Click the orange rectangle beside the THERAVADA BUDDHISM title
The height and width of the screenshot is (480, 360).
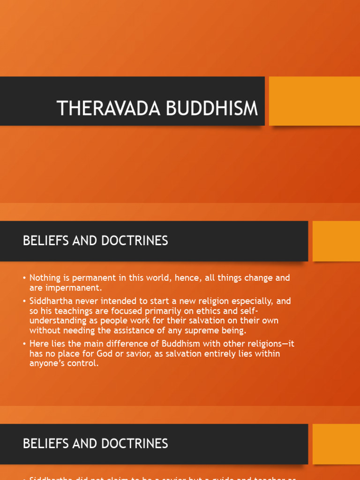click(314, 101)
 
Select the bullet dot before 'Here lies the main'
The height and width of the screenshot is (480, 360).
click(24, 344)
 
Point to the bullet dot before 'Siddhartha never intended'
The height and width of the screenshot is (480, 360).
click(24, 301)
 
